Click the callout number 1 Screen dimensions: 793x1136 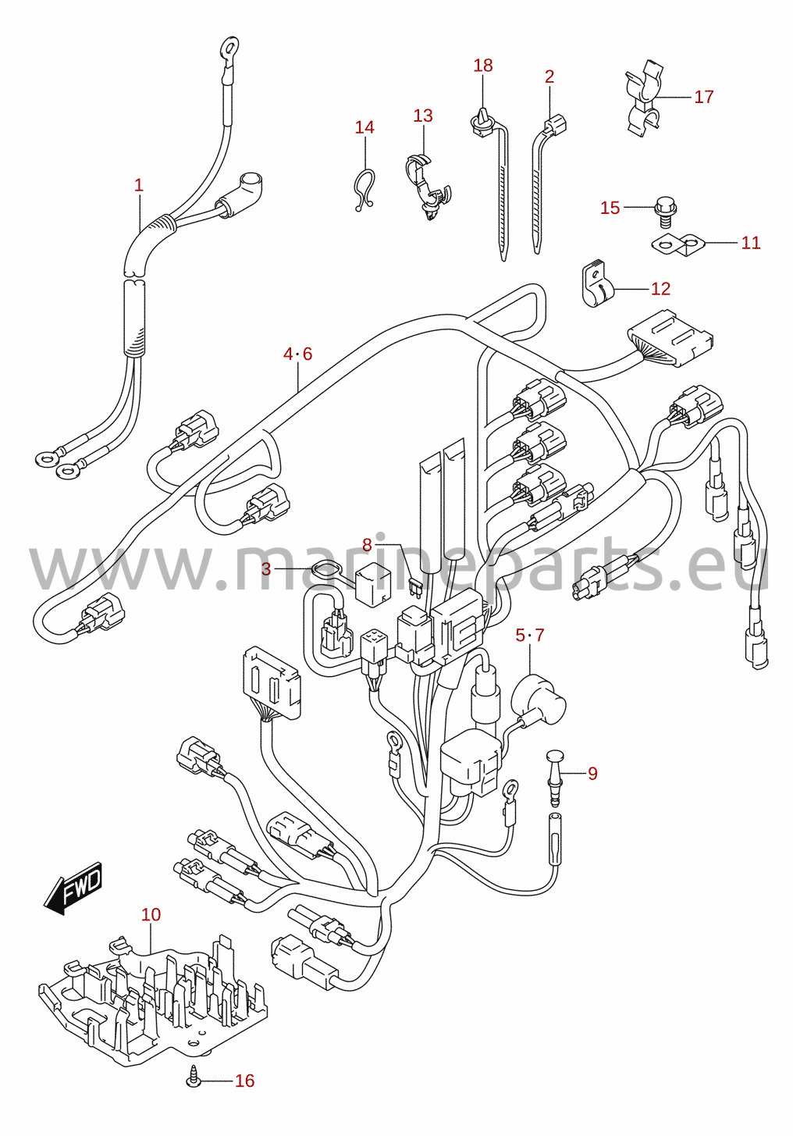[x=139, y=185]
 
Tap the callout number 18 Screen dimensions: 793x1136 [x=482, y=66]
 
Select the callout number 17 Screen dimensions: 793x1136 [x=703, y=96]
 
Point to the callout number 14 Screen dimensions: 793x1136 [x=364, y=127]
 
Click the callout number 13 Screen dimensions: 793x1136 [x=423, y=116]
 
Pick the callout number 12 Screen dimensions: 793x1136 [x=660, y=289]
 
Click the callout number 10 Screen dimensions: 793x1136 [x=151, y=914]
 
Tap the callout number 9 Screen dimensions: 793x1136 [x=592, y=774]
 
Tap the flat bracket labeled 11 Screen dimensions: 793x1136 [x=678, y=246]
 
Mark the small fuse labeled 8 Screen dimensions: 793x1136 [x=415, y=587]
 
